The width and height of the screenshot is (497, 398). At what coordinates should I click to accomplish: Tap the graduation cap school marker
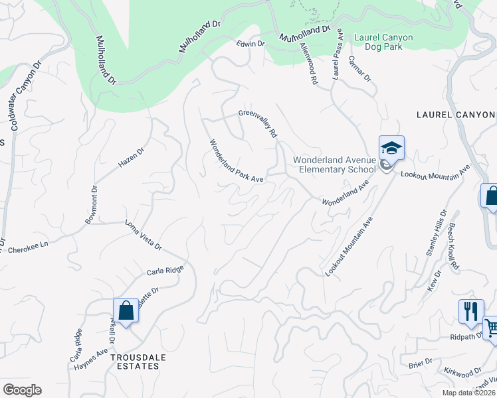[391, 149]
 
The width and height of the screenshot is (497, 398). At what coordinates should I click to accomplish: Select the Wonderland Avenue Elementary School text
[335, 165]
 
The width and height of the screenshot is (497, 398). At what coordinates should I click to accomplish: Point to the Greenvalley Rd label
[258, 123]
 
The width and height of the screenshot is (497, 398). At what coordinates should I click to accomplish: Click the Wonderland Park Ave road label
[237, 161]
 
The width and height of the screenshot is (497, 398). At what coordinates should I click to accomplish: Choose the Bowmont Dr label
[92, 204]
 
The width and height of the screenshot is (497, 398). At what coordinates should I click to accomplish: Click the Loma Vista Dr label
[144, 235]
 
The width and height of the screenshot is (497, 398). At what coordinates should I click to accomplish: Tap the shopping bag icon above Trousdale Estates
[126, 310]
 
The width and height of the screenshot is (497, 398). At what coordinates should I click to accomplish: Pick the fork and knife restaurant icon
[471, 311]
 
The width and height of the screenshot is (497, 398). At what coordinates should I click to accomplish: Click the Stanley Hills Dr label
[437, 232]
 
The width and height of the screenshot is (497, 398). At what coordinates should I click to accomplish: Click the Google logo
[23, 390]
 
